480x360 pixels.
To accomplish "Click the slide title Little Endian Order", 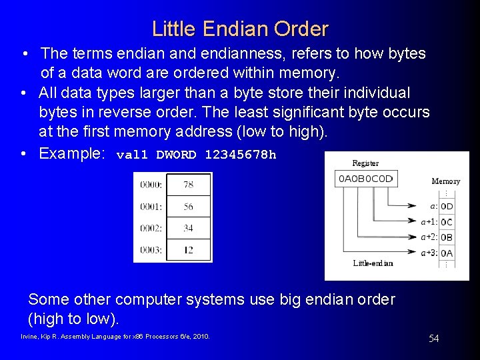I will [x=240, y=29].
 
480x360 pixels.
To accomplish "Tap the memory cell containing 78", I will [x=188, y=185].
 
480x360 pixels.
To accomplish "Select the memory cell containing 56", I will [x=188, y=207].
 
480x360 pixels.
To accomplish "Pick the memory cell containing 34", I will [x=188, y=228].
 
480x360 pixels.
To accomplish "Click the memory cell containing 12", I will [x=188, y=250].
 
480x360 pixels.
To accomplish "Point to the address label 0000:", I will [x=151, y=185].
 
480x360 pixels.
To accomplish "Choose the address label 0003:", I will [x=151, y=250].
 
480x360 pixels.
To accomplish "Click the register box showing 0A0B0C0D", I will [x=366, y=179].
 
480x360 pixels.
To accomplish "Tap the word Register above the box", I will [x=365, y=163].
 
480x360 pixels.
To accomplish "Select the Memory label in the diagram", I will [x=445, y=181].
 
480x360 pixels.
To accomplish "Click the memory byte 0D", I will [x=447, y=207].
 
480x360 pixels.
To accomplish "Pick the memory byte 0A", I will [x=447, y=253].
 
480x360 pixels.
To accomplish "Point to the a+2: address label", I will [x=429, y=237].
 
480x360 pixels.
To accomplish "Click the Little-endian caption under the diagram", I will [x=373, y=263].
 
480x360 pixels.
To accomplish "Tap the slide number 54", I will [x=433, y=339].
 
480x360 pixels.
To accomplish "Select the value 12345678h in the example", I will [x=240, y=155].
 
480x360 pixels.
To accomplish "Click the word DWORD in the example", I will [x=176, y=155].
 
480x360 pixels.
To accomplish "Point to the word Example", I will [x=72, y=153].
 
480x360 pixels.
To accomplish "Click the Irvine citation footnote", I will [x=115, y=337].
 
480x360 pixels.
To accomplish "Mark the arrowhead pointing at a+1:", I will [x=416, y=221].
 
